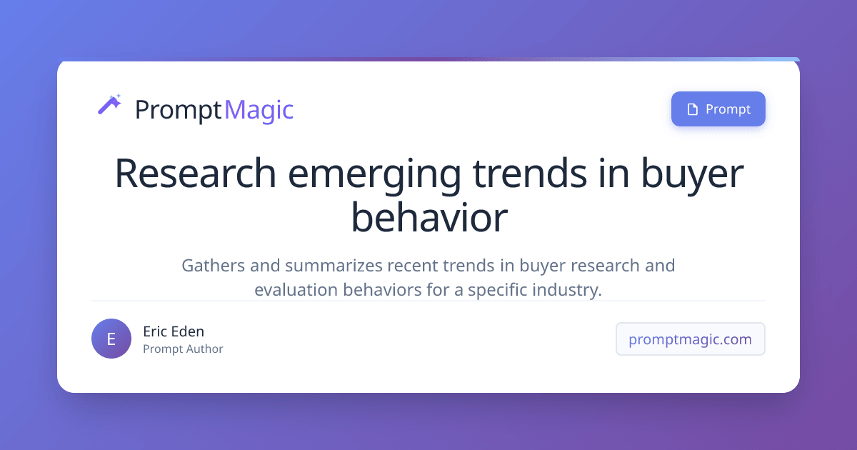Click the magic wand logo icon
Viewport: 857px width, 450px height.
pos(109,105)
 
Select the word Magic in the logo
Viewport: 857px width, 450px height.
pos(259,110)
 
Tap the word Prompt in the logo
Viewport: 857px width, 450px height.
pos(178,110)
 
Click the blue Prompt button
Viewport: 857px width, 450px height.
pos(718,109)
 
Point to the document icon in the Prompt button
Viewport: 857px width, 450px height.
pos(691,109)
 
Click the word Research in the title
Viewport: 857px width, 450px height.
pos(195,174)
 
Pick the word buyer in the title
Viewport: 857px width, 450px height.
pos(691,174)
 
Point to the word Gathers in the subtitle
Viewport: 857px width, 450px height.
pos(213,266)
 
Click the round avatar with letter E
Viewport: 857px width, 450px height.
pos(111,339)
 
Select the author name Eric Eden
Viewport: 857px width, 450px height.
pos(174,331)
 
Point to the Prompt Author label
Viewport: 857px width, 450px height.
pos(183,349)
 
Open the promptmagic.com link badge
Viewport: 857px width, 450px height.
pos(690,339)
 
